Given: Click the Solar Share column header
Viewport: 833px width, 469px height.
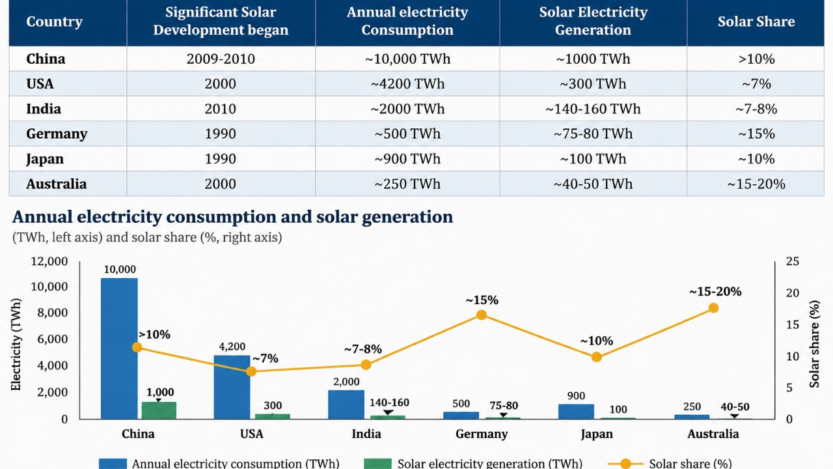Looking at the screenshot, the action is (x=756, y=21).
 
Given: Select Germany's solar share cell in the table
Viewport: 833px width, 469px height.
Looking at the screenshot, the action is (x=756, y=134).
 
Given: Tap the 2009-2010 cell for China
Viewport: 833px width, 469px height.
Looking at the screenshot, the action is (x=221, y=59).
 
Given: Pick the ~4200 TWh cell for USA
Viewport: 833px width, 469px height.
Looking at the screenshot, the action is (x=407, y=84).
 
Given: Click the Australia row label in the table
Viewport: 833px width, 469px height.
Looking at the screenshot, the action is (x=56, y=184).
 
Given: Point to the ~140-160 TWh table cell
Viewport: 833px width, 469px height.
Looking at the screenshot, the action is (x=593, y=109).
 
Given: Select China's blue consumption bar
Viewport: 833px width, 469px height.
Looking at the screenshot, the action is (x=119, y=348).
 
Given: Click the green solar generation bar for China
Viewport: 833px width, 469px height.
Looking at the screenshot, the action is (x=159, y=410).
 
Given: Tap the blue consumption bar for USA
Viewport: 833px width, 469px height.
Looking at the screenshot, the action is (x=232, y=387).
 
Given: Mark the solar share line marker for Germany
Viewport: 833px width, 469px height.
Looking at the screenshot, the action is (x=482, y=315).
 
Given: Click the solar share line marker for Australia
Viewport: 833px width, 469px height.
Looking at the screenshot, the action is (x=714, y=308).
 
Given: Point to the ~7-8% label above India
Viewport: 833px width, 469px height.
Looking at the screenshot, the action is (x=362, y=349).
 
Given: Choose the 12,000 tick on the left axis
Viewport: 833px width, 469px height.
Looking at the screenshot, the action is (x=49, y=261).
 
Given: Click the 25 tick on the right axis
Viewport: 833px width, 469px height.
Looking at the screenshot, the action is (x=793, y=261).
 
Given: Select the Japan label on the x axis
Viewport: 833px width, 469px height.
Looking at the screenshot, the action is (x=597, y=434).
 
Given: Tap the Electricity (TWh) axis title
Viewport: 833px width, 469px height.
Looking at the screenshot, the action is (x=16, y=345).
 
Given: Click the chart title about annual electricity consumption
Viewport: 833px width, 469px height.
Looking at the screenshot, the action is (x=233, y=217).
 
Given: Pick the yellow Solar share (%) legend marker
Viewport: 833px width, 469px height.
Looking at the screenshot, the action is (x=625, y=463).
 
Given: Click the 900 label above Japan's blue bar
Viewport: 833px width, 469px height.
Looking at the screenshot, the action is (x=576, y=395).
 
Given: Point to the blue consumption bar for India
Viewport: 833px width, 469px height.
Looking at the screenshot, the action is (x=346, y=405).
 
